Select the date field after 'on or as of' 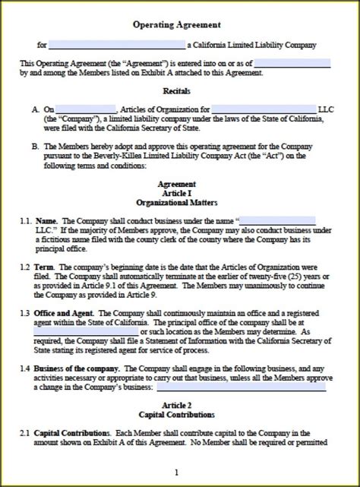[292, 63]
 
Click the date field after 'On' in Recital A [86, 109]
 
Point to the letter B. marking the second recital [36, 145]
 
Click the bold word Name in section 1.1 [46, 220]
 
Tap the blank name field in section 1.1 [278, 220]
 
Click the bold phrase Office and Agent [65, 313]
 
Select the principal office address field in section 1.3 [87, 332]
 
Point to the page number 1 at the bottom [176, 471]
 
